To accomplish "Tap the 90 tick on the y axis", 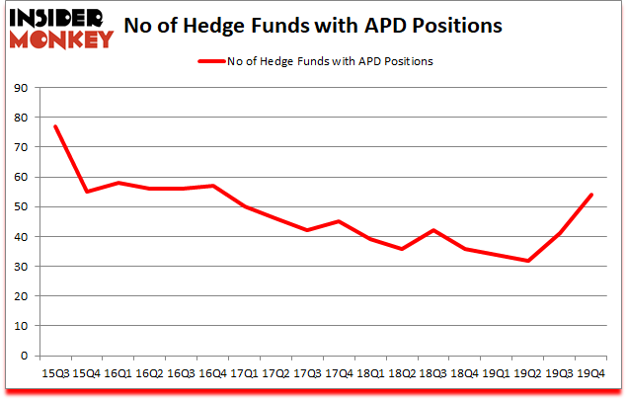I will coord(19,88).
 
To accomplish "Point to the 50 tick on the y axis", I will coord(19,207).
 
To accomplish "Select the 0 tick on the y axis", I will coord(22,356).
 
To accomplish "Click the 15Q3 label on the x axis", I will coord(55,374).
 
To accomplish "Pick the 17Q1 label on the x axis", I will coord(244,374).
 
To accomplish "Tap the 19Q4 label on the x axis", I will coord(590,374).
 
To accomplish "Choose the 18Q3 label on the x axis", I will coord(432,374).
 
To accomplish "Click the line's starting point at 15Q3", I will coord(55,126).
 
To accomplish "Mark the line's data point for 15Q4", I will coord(87,192).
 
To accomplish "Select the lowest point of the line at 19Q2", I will coord(528,261).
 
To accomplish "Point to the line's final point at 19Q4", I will coord(590,195).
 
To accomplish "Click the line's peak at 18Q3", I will coord(433,230).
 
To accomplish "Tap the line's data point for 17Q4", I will coord(339,221).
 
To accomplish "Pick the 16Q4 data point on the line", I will coord(212,186).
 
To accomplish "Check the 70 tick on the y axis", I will coord(19,147).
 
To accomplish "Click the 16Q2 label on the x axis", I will coord(150,374).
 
